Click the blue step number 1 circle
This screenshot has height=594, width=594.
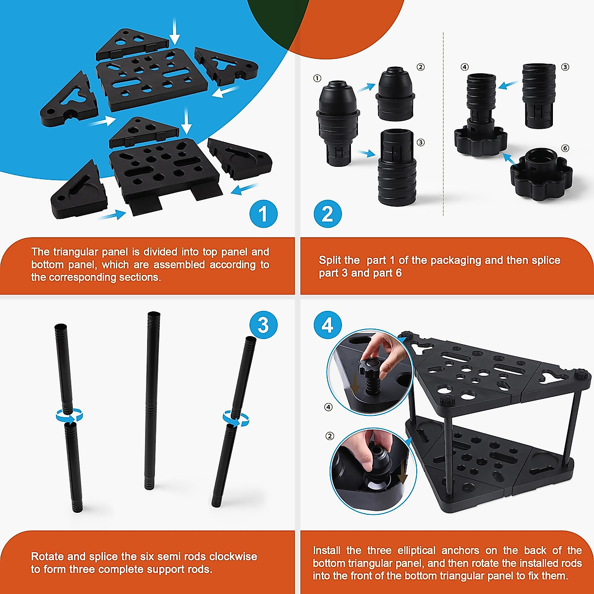pos(263,214)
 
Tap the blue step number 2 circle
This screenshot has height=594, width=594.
pos(327,214)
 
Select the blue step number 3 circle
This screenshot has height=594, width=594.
pos(263,325)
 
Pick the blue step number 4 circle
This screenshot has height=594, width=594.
pos(327,325)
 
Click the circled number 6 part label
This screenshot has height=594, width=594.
pos(565,148)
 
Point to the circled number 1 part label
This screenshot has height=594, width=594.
pos(317,78)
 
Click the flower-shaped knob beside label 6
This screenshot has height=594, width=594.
pos(541,173)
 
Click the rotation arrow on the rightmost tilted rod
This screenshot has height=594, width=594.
pos(236,418)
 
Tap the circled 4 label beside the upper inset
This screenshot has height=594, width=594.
pos(328,407)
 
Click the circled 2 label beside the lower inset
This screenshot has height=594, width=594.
pos(330,436)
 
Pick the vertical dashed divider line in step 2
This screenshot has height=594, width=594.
pos(443,124)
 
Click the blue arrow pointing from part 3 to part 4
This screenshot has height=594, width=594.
pos(507,85)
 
